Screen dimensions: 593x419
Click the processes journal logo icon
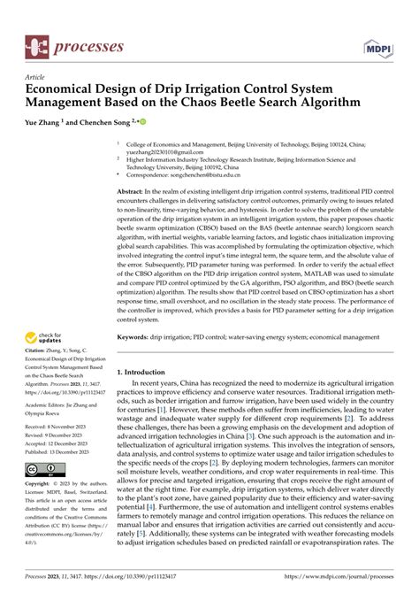(36, 43)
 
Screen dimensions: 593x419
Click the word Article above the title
(36, 77)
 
